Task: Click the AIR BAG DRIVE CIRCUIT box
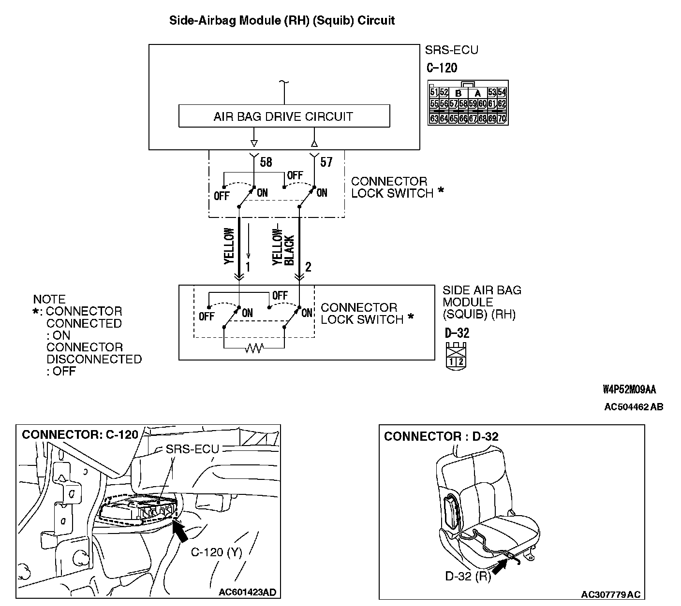click(284, 116)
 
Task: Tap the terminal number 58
click(266, 162)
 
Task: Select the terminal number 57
click(326, 162)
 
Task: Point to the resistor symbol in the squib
click(253, 347)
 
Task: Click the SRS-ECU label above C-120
click(451, 50)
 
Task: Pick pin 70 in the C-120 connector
click(502, 118)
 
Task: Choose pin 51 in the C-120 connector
click(433, 92)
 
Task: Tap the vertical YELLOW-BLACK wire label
click(283, 247)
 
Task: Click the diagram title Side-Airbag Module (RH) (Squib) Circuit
click(282, 21)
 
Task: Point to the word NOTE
click(49, 299)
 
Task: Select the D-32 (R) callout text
click(468, 576)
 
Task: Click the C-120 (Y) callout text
click(216, 552)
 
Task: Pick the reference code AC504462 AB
click(634, 407)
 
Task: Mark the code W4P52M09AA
click(629, 390)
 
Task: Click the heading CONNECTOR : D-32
click(441, 436)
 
